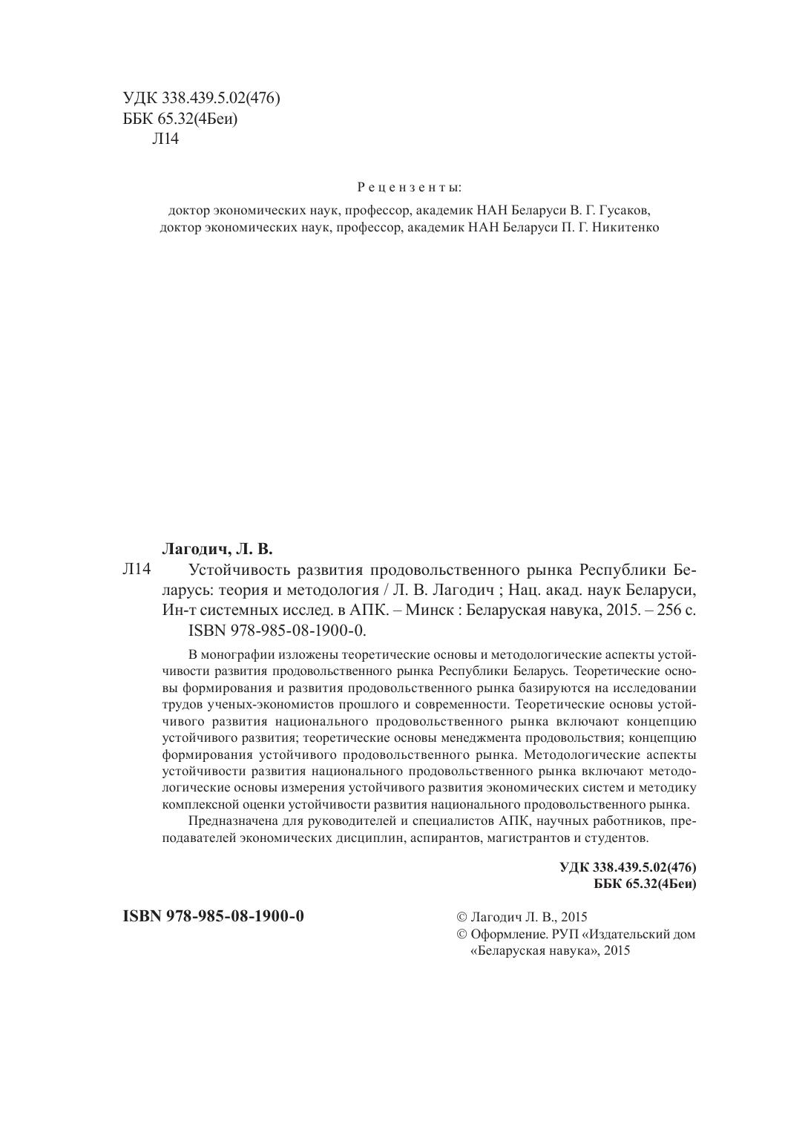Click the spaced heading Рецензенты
[x=409, y=187]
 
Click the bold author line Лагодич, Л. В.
[x=217, y=550]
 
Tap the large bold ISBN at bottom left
[x=213, y=915]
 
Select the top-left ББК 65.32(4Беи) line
[x=180, y=119]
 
